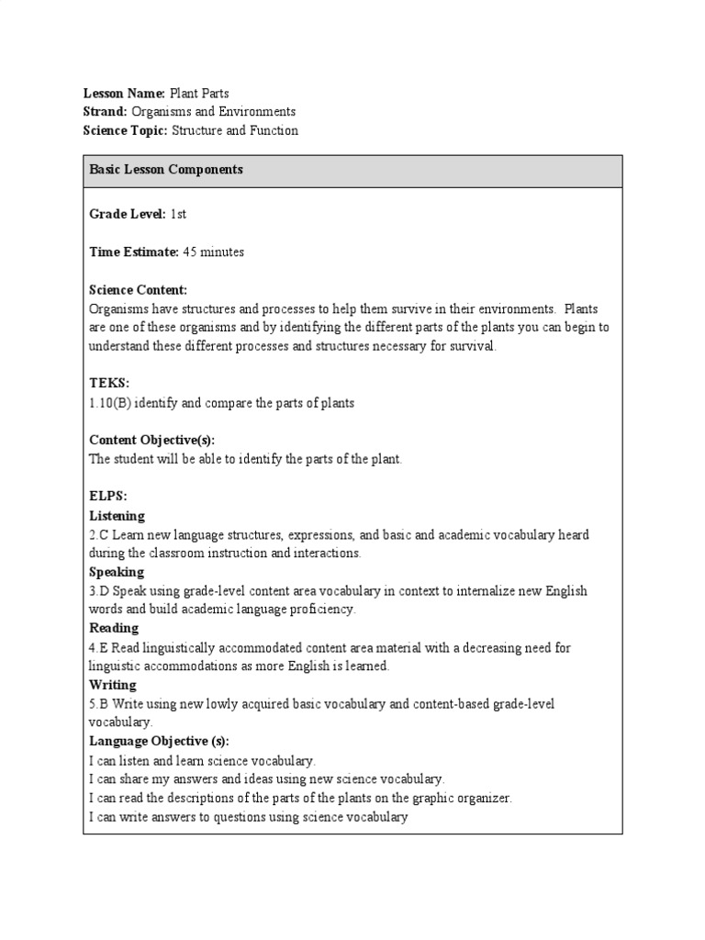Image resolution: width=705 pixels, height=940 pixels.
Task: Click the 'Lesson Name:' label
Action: click(x=124, y=94)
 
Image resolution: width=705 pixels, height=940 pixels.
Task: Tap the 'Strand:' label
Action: click(x=105, y=112)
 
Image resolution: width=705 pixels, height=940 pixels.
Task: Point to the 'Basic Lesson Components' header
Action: click(x=165, y=170)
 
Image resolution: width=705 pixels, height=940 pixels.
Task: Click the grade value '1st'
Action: click(x=178, y=214)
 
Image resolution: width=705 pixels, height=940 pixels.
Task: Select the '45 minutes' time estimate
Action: click(x=213, y=252)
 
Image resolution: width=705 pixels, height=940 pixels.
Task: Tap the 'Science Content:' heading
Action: click(x=138, y=289)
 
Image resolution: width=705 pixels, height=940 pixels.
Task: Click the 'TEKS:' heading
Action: click(x=108, y=384)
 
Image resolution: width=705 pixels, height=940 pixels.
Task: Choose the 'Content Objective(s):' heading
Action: click(x=151, y=440)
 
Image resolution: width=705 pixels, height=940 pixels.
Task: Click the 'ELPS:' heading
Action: click(x=107, y=497)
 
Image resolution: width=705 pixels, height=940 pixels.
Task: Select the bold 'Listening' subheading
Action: click(x=117, y=516)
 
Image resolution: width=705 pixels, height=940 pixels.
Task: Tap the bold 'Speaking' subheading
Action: click(x=116, y=572)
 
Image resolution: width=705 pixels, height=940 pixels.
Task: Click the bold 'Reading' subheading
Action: click(x=114, y=629)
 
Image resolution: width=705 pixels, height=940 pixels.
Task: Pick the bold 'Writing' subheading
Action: click(x=112, y=685)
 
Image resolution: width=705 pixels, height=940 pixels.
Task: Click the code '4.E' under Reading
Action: click(x=98, y=648)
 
